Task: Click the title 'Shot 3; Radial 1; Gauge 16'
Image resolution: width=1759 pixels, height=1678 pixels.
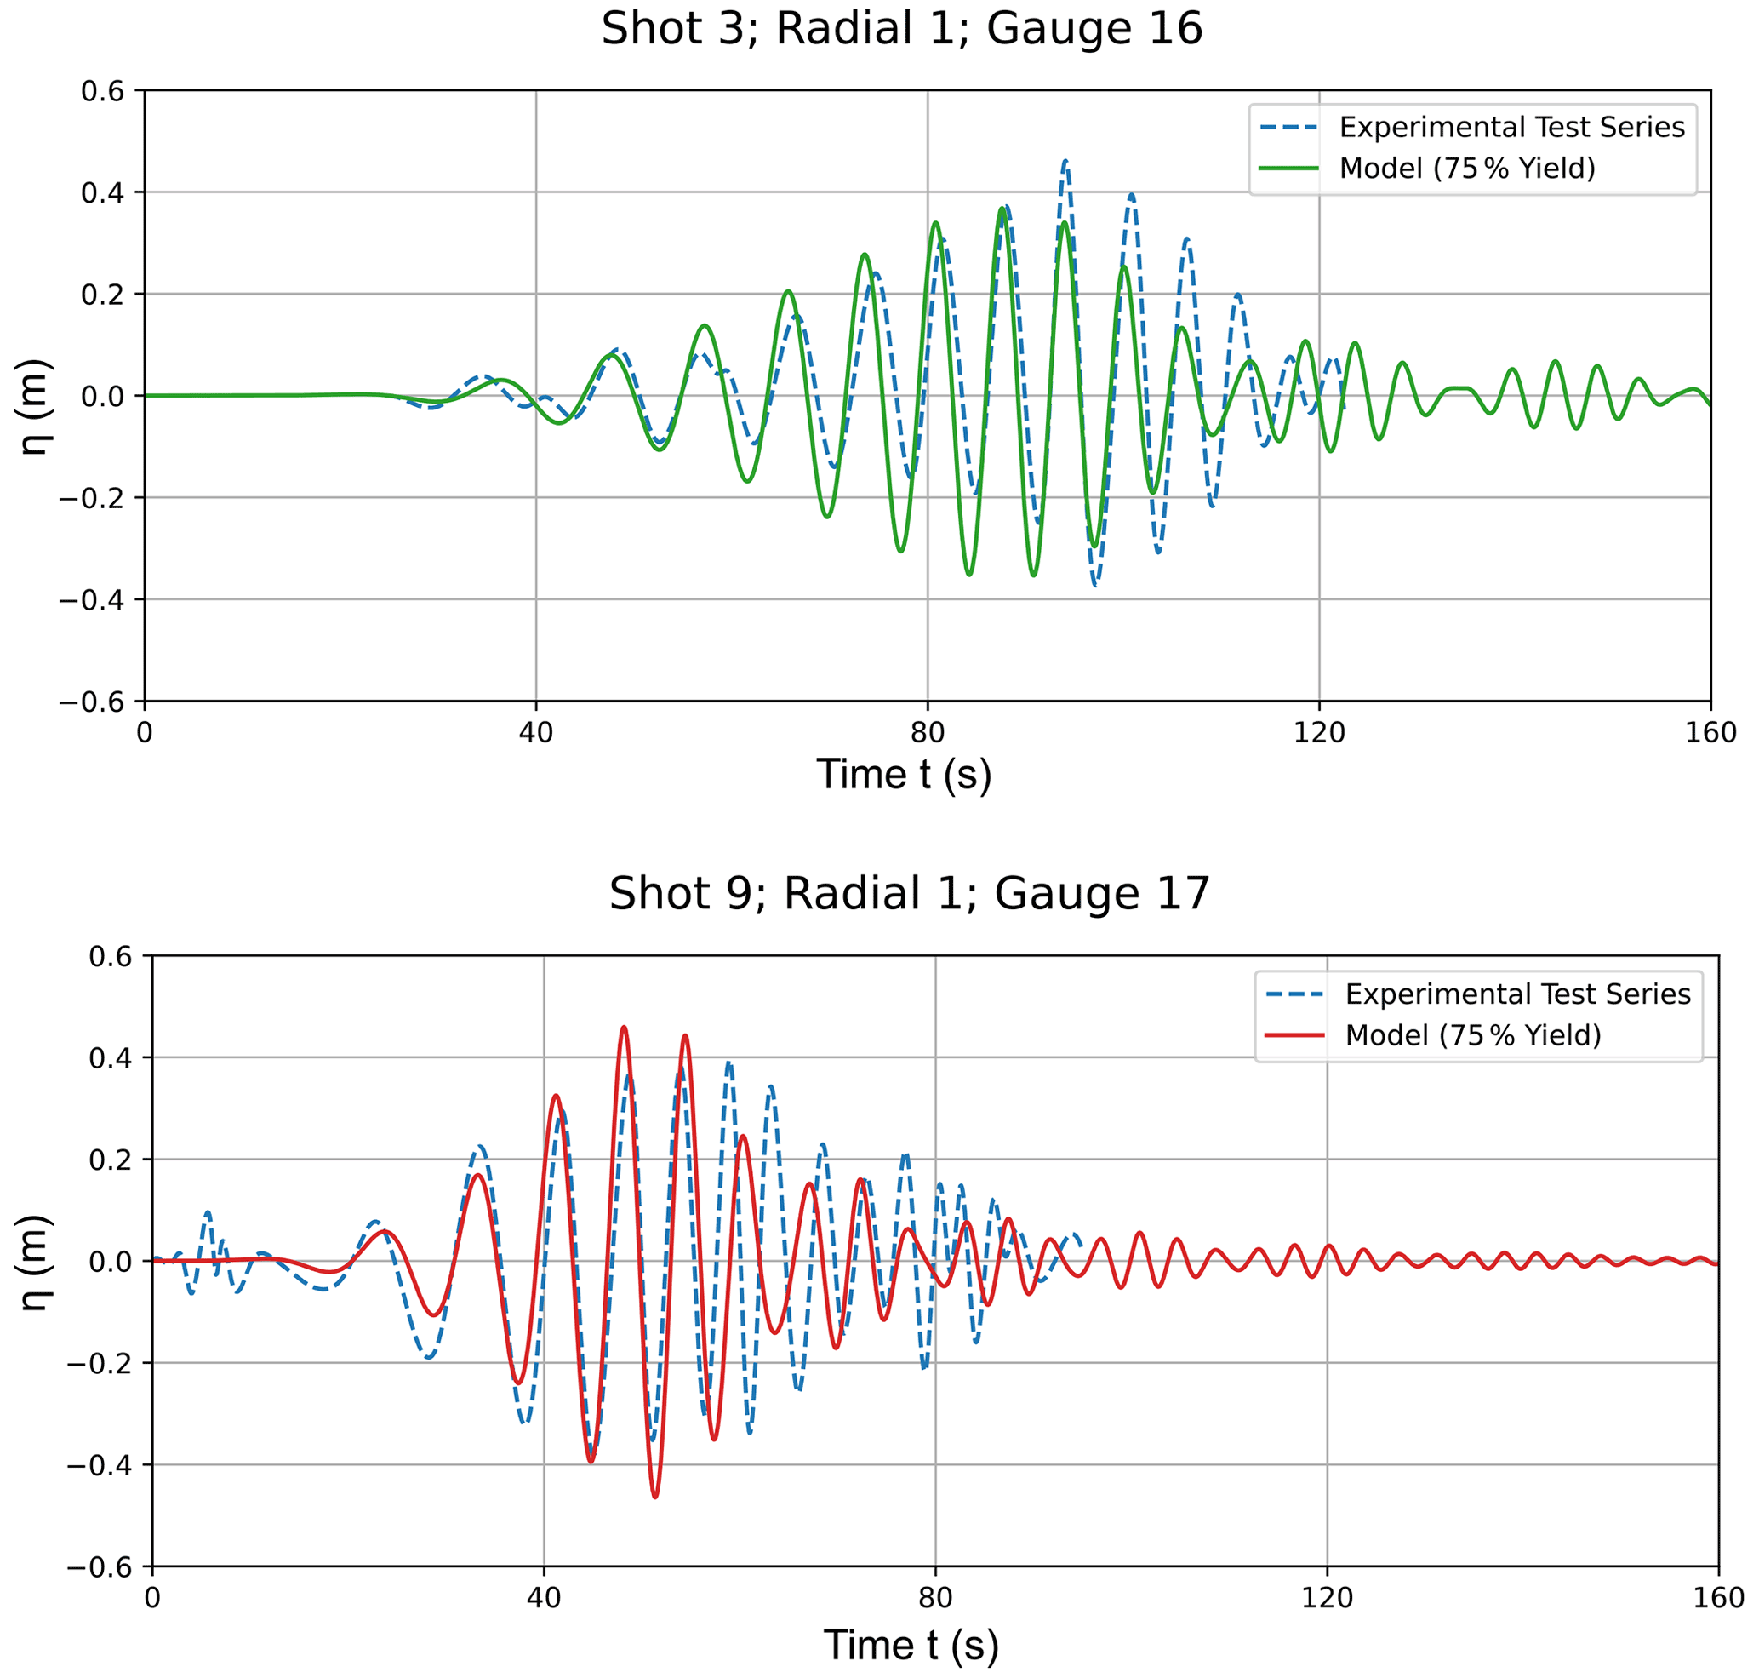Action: [x=901, y=30]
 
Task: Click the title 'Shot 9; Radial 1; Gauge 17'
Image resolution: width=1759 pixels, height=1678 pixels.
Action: [x=910, y=894]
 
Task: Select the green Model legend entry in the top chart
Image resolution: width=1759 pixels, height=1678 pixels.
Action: [x=1466, y=169]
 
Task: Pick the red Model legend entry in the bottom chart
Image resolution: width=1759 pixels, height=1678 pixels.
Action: [x=1473, y=1035]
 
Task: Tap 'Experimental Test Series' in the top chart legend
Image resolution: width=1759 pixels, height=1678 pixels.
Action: [x=1511, y=127]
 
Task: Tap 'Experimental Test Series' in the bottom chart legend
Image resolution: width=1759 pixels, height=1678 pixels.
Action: [x=1517, y=994]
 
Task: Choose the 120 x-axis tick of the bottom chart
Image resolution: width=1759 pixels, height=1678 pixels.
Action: [x=1327, y=1598]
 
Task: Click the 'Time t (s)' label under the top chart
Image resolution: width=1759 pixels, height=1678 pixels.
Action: [x=903, y=775]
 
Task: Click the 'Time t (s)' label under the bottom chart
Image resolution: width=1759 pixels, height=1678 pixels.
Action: [x=911, y=1645]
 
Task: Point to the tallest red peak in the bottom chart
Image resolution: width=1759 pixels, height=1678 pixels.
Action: [x=624, y=1028]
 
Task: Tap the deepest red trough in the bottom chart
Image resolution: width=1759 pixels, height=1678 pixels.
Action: [x=655, y=1497]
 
